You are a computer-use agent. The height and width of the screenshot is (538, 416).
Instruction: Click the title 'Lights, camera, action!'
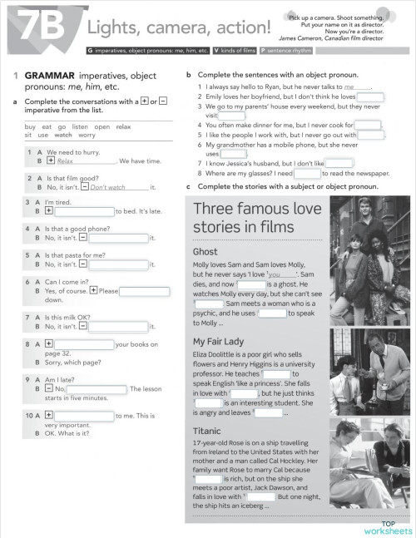179,27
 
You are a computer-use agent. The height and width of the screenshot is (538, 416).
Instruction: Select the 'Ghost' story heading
206,251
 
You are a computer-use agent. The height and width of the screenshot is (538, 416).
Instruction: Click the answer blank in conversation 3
86,211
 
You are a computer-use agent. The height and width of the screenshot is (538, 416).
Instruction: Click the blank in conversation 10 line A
86,416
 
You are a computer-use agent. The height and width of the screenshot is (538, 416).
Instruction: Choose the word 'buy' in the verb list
31,126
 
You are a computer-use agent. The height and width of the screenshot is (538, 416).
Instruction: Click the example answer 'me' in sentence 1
355,86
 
